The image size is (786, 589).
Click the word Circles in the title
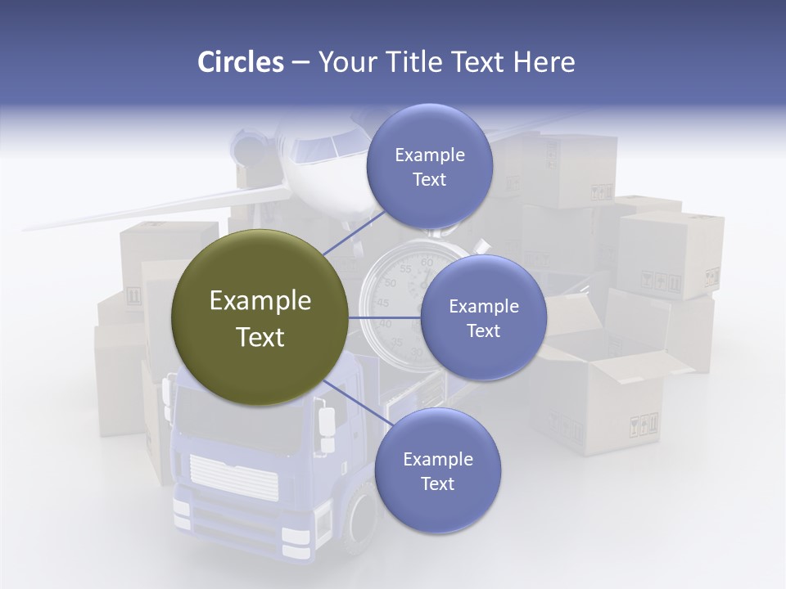coord(240,62)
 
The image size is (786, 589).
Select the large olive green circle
coord(260,317)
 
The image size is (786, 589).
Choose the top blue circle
coord(429,167)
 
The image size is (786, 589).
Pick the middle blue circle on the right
coord(483,317)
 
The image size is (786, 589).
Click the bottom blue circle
coord(437,470)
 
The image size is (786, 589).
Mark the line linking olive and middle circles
coord(384,317)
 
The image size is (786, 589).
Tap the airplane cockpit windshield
coord(315,148)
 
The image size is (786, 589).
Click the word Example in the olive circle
coord(260,301)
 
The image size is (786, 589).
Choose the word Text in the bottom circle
coord(437,483)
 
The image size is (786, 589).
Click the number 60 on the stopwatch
coord(426,263)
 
